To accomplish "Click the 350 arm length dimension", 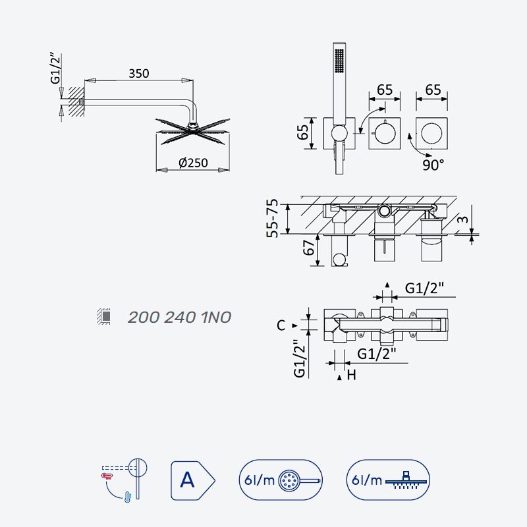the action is coord(139,74).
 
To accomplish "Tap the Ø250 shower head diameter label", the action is coord(193,163).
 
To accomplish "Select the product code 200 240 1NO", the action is coord(179,318).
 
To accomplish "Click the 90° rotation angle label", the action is coord(433,165).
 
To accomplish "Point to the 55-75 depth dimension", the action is coord(273,219).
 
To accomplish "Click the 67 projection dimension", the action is coord(308,248).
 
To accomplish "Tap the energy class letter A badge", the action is coord(192,480).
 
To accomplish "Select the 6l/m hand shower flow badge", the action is coord(281,480).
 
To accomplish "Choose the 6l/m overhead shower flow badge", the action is coord(388,480).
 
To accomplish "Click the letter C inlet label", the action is coord(281,325).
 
